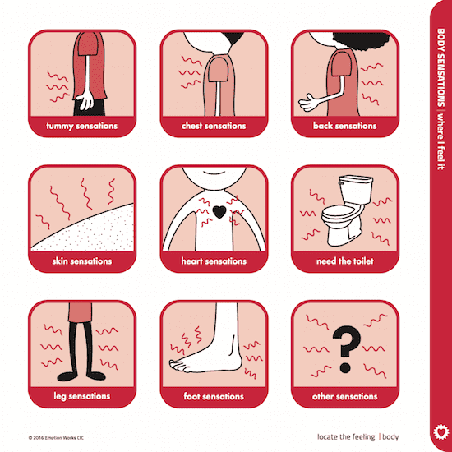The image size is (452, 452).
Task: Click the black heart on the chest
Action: [219, 212]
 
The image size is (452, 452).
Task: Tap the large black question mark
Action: [346, 349]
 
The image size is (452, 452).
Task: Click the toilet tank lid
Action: [356, 178]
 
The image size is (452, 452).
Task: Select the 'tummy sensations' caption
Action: [82, 127]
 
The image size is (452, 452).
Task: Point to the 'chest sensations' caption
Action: [214, 126]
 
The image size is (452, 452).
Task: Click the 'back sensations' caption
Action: [345, 126]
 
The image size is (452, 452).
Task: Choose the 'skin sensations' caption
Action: [82, 261]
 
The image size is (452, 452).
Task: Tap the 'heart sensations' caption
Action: [214, 261]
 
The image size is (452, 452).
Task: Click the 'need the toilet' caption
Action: [345, 261]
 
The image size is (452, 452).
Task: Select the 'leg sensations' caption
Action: [82, 396]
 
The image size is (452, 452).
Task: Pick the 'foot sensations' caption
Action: [214, 396]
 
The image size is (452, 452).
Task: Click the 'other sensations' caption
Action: [345, 396]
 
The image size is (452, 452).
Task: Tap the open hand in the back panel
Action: [308, 103]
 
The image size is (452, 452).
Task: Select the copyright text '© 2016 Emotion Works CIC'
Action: [56, 438]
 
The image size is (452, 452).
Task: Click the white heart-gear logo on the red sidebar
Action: [441, 432]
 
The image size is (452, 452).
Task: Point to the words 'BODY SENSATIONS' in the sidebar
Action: [440, 67]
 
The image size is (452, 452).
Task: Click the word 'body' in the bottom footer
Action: [390, 437]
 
